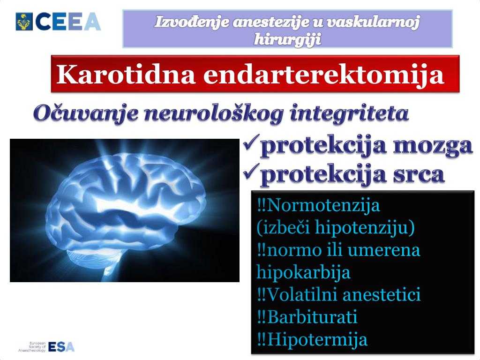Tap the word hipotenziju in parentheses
pyautogui.click(x=365, y=227)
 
